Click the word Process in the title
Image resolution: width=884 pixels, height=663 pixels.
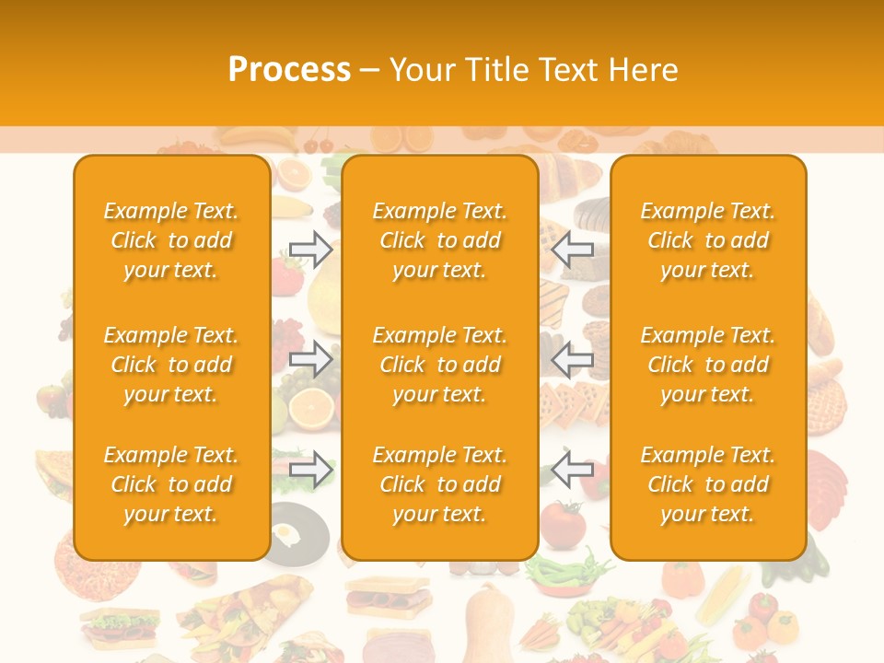pyautogui.click(x=289, y=70)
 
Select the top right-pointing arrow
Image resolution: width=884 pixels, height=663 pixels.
pyautogui.click(x=310, y=249)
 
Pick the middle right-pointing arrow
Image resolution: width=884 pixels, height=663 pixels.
pyautogui.click(x=310, y=359)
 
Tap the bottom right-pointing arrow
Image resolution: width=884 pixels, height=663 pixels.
pyautogui.click(x=310, y=469)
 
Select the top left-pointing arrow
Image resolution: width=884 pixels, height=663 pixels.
pyautogui.click(x=573, y=249)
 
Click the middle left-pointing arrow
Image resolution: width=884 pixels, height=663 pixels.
pyautogui.click(x=573, y=359)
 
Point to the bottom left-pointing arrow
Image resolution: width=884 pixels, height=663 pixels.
pyautogui.click(x=573, y=469)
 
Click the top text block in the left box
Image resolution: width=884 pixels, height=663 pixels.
pyautogui.click(x=171, y=240)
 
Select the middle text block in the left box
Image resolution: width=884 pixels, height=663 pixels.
pyautogui.click(x=171, y=365)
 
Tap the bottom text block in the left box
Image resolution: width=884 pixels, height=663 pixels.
pyautogui.click(x=171, y=484)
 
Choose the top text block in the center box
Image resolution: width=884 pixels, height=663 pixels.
pyautogui.click(x=439, y=240)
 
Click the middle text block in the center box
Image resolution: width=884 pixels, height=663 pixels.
pyautogui.click(x=439, y=365)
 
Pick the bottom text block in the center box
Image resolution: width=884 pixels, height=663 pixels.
pyautogui.click(x=439, y=484)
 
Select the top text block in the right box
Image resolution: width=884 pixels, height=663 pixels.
pyautogui.click(x=707, y=240)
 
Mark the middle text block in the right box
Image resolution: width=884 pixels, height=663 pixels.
pyautogui.click(x=707, y=365)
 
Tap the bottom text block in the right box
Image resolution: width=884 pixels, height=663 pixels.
pyautogui.click(x=707, y=484)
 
